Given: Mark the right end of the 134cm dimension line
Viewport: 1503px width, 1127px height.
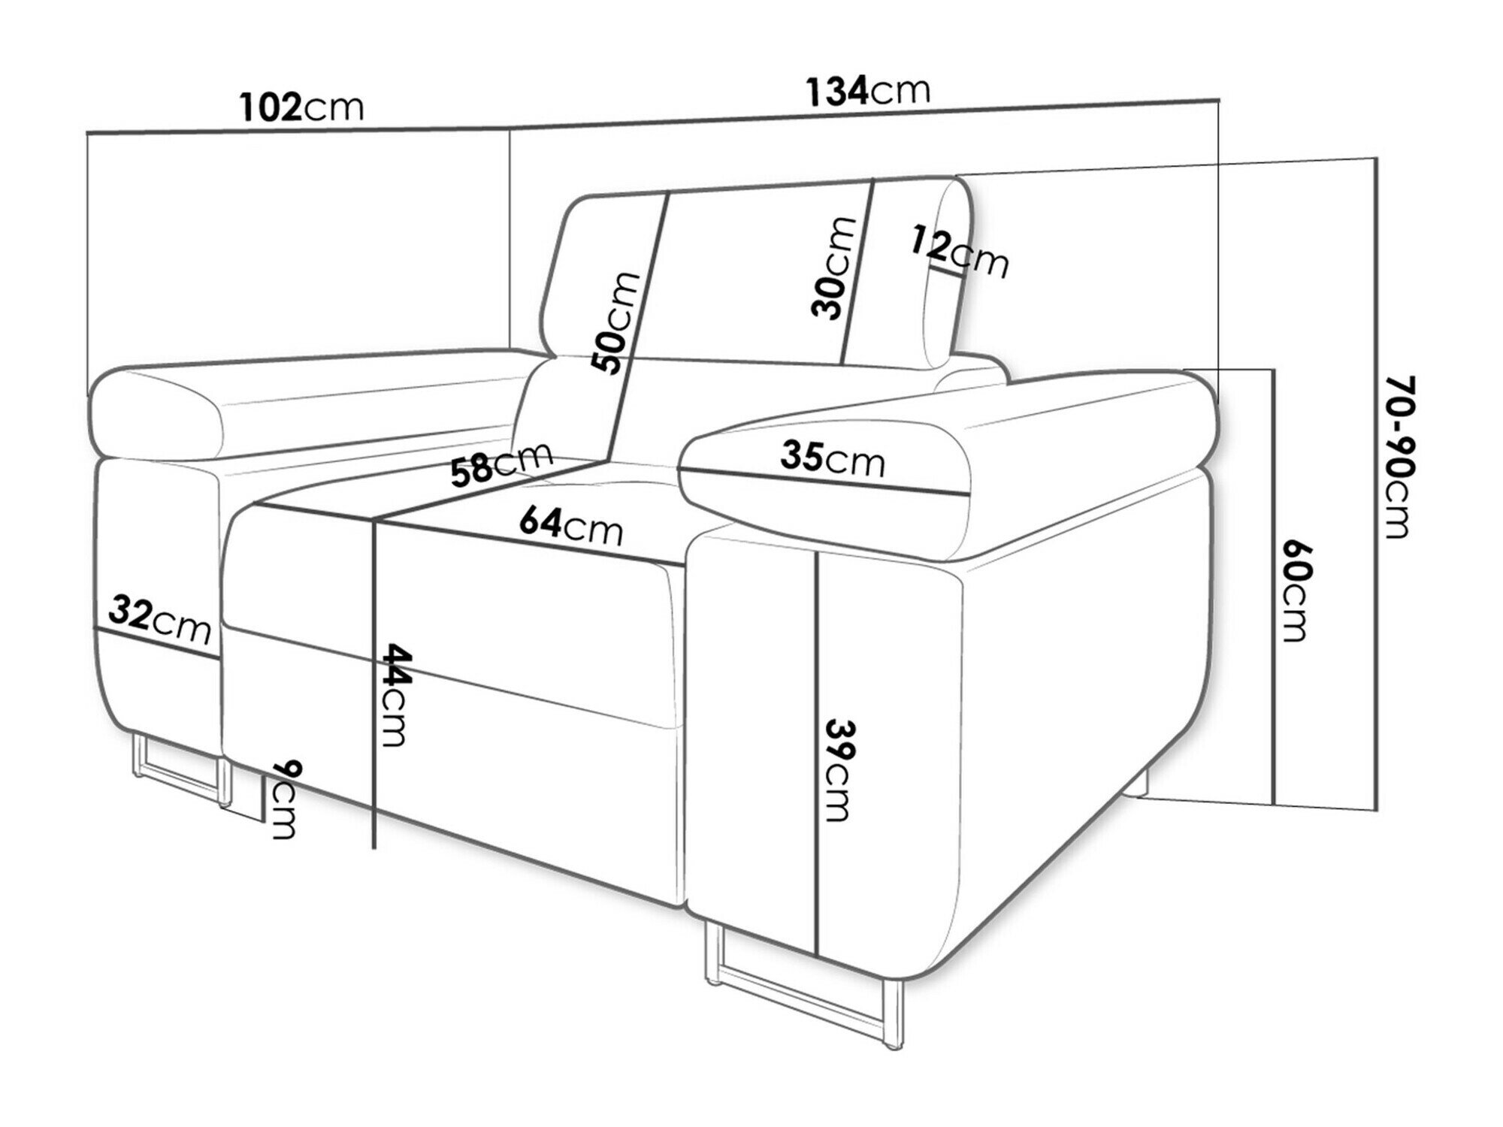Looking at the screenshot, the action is [1218, 98].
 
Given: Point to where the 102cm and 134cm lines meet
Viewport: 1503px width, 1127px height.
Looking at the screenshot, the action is [510, 128].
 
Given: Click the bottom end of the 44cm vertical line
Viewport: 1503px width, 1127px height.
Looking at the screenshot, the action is [374, 848].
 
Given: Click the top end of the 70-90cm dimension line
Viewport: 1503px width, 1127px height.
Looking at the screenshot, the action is [1375, 159].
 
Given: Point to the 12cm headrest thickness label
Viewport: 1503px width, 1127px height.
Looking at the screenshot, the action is [960, 251].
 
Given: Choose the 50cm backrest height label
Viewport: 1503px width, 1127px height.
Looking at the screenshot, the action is [617, 324].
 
